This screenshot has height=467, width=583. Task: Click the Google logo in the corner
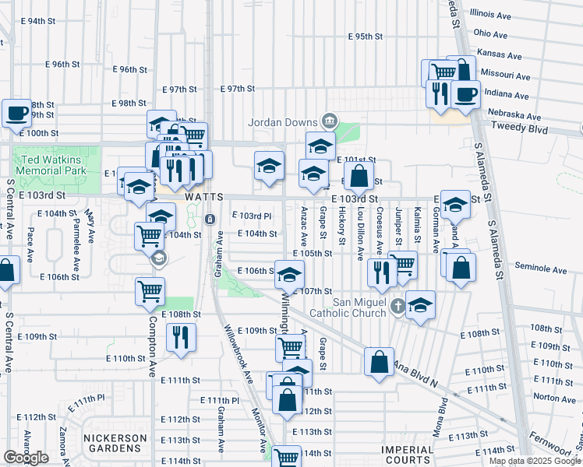(26, 458)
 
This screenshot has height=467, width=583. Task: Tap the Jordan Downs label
(282, 122)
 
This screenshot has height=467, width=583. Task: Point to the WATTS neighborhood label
(205, 198)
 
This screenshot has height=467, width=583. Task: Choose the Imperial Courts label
(407, 450)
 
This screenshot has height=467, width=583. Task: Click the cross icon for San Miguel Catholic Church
(398, 304)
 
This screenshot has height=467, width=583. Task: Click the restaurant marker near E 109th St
(180, 337)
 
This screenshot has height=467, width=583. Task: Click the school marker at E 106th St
(289, 275)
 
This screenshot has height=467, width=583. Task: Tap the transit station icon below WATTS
(210, 219)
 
